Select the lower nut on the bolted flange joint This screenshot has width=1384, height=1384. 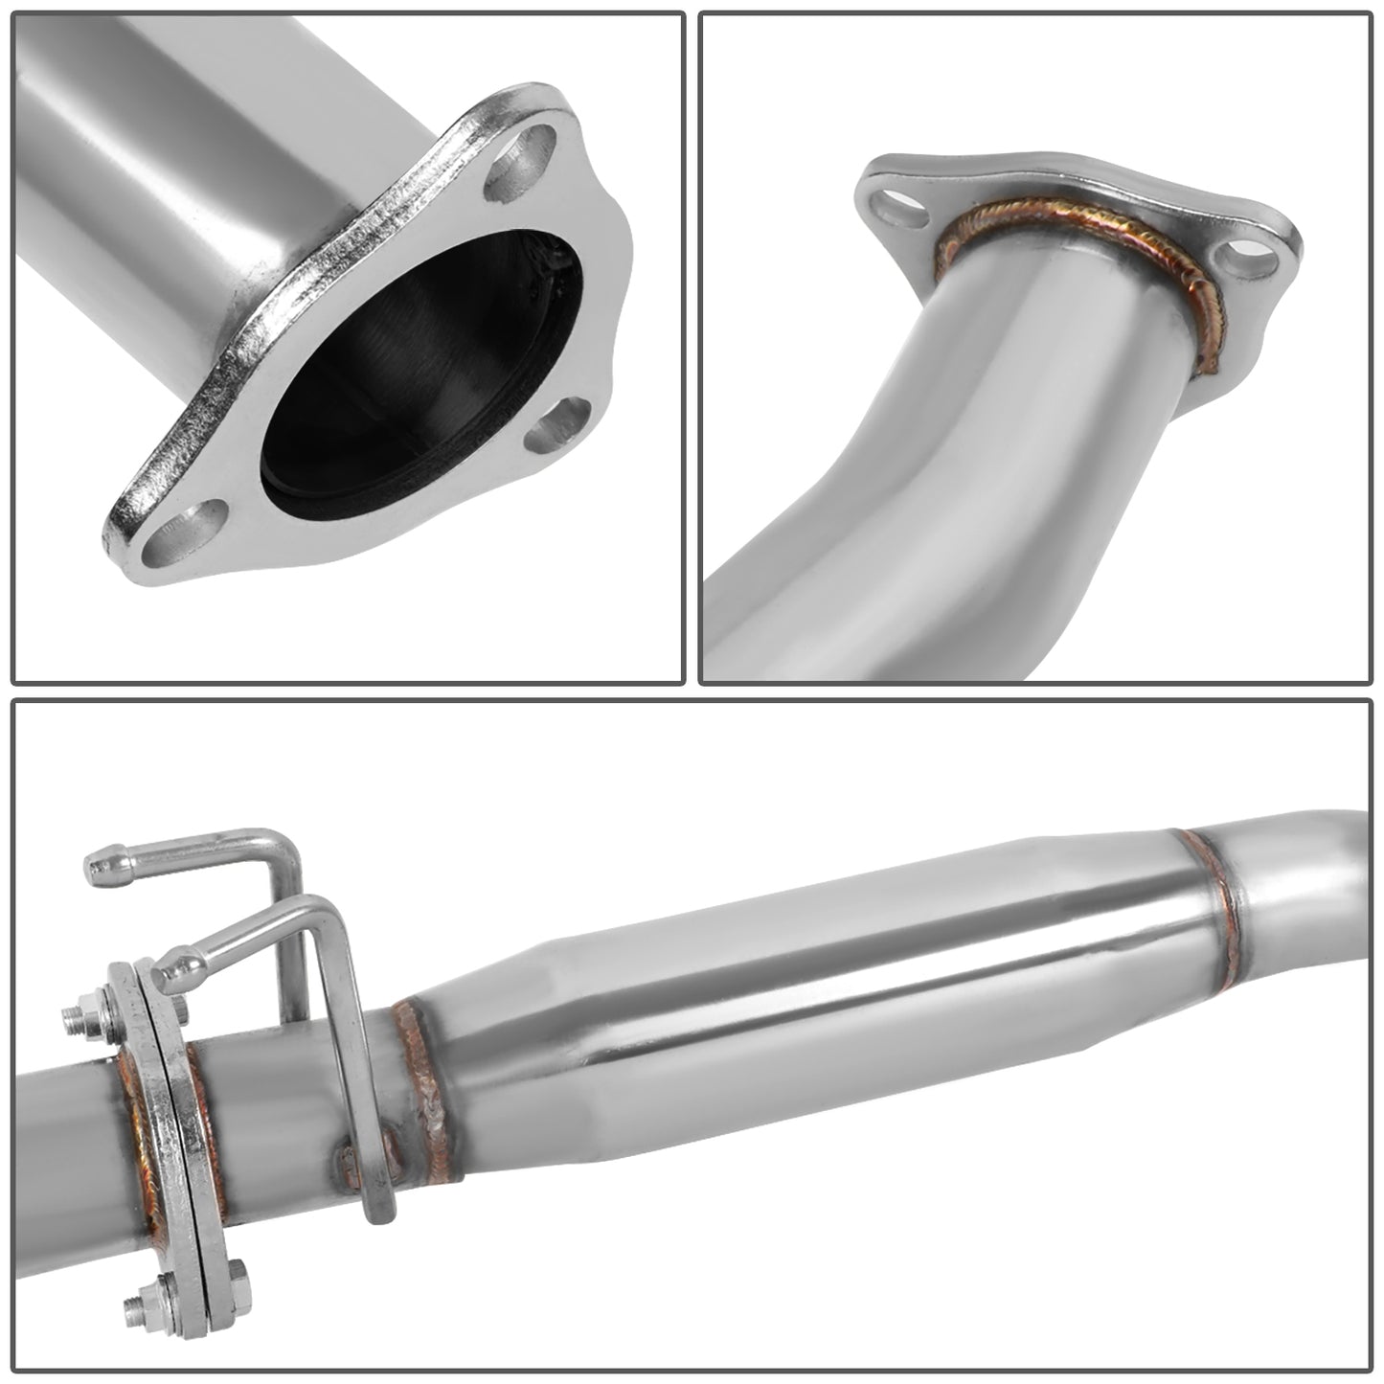(x=137, y=1305)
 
